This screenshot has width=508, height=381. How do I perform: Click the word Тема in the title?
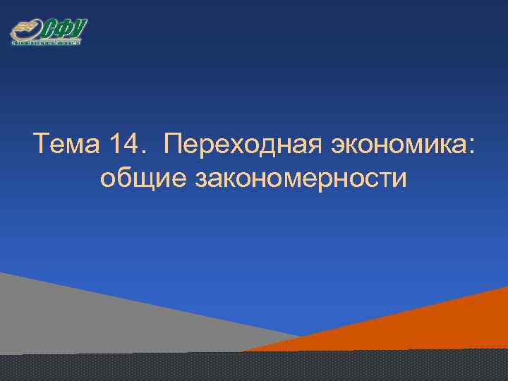[x=67, y=146]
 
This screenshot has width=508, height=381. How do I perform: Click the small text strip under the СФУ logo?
[x=47, y=43]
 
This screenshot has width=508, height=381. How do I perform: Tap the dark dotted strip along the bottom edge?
[x=254, y=367]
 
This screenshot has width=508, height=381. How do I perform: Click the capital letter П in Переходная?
[x=172, y=146]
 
